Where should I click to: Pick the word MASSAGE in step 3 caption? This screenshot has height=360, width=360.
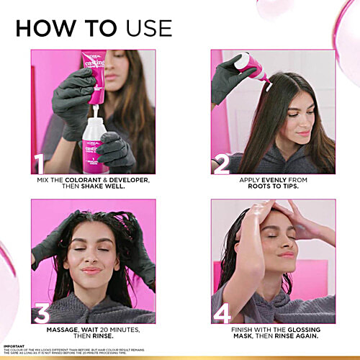click(x=63, y=329)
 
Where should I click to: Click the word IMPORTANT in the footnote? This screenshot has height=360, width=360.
click(x=14, y=346)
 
